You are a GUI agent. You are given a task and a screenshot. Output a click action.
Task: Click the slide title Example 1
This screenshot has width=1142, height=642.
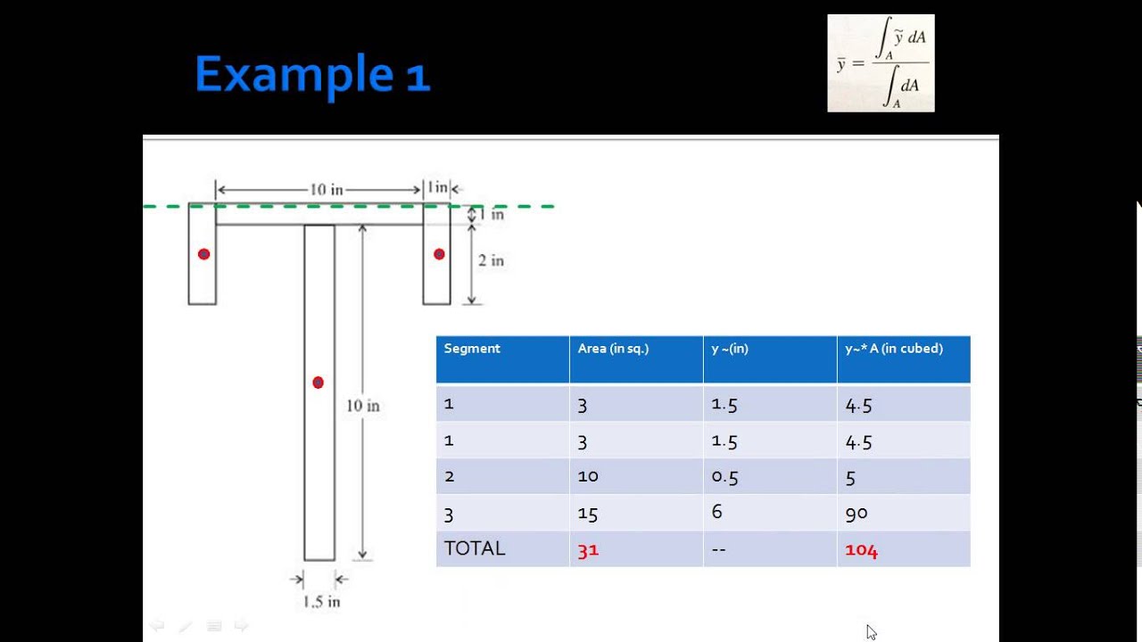click(312, 74)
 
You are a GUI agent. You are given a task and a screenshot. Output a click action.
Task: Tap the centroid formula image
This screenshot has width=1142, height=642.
click(881, 63)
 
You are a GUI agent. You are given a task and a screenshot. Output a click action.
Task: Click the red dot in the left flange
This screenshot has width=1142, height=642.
click(203, 254)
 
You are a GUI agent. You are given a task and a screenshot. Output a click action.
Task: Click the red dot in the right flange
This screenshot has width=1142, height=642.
click(439, 254)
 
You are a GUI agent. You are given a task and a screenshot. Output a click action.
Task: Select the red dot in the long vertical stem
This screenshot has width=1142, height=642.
click(318, 383)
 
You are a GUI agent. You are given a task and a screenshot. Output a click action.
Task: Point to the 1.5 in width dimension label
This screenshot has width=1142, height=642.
click(321, 602)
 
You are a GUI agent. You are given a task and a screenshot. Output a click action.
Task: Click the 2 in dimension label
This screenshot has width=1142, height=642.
click(491, 260)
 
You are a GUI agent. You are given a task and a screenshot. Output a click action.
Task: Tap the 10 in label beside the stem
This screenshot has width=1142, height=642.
click(363, 406)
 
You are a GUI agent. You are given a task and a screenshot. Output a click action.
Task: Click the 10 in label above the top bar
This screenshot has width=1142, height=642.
click(327, 190)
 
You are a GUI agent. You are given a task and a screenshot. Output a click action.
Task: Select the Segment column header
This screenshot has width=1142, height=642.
click(472, 349)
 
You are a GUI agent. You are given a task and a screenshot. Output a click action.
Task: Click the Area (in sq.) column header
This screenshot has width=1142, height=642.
click(613, 349)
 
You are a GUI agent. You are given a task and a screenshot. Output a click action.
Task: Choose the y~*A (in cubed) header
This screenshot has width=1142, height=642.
click(894, 349)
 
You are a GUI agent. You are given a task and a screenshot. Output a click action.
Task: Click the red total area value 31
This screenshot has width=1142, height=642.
click(588, 550)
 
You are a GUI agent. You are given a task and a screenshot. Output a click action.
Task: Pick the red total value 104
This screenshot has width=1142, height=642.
click(861, 550)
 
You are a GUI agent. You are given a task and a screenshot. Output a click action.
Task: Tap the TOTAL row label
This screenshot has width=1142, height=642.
click(475, 548)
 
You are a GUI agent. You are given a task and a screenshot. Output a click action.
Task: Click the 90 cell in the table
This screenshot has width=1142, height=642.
click(856, 513)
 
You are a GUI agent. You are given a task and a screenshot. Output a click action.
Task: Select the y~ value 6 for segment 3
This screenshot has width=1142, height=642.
click(716, 511)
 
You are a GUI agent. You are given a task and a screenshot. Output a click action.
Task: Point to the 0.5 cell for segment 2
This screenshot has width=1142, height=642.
click(724, 477)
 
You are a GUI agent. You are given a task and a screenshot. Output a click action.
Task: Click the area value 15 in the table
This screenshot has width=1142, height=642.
click(588, 514)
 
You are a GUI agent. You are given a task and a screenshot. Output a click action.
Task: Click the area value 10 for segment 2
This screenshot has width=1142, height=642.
click(588, 476)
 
